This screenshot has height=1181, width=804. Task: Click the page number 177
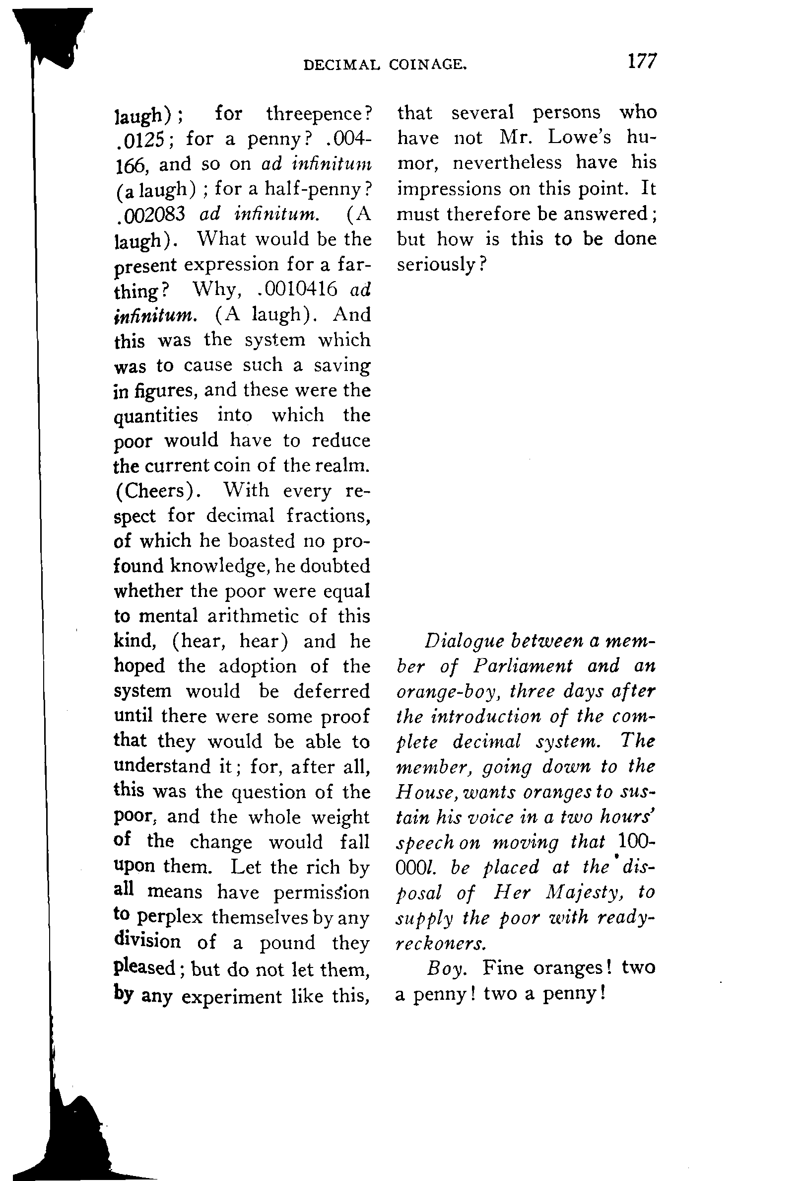click(x=642, y=62)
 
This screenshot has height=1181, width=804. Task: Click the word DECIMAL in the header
click(x=341, y=65)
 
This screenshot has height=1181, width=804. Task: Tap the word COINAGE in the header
click(x=427, y=65)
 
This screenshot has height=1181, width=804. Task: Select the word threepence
click(x=319, y=114)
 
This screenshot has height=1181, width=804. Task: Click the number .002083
click(x=150, y=215)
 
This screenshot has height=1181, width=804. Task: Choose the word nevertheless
click(x=507, y=163)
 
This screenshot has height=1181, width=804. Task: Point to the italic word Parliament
click(x=523, y=666)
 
